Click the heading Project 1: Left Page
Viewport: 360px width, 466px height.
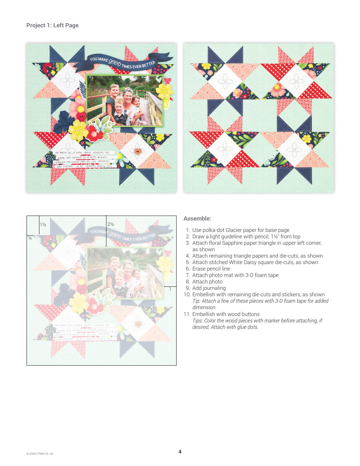[52, 25]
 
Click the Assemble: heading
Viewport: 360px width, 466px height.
[197, 219]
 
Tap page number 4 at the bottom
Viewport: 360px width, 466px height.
[180, 452]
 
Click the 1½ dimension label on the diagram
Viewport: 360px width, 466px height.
[43, 225]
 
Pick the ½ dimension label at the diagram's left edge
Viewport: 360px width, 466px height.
[29, 238]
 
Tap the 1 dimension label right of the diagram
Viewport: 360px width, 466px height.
[170, 289]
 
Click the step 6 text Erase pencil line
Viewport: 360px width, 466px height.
[211, 269]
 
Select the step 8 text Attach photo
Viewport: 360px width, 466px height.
[207, 281]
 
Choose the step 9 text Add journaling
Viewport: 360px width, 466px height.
[209, 288]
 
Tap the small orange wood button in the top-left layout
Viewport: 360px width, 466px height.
[137, 152]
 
